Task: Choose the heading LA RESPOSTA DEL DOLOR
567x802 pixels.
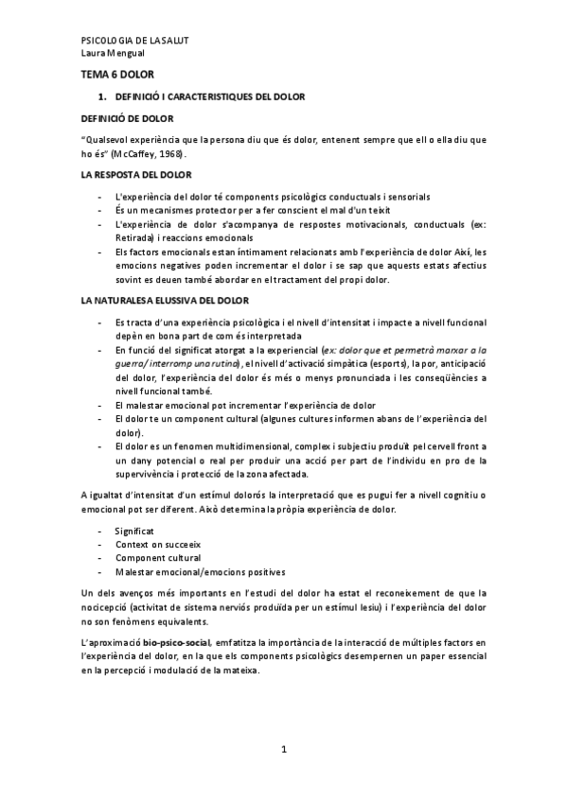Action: (x=136, y=176)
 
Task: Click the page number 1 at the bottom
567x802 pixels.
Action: (x=283, y=750)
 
